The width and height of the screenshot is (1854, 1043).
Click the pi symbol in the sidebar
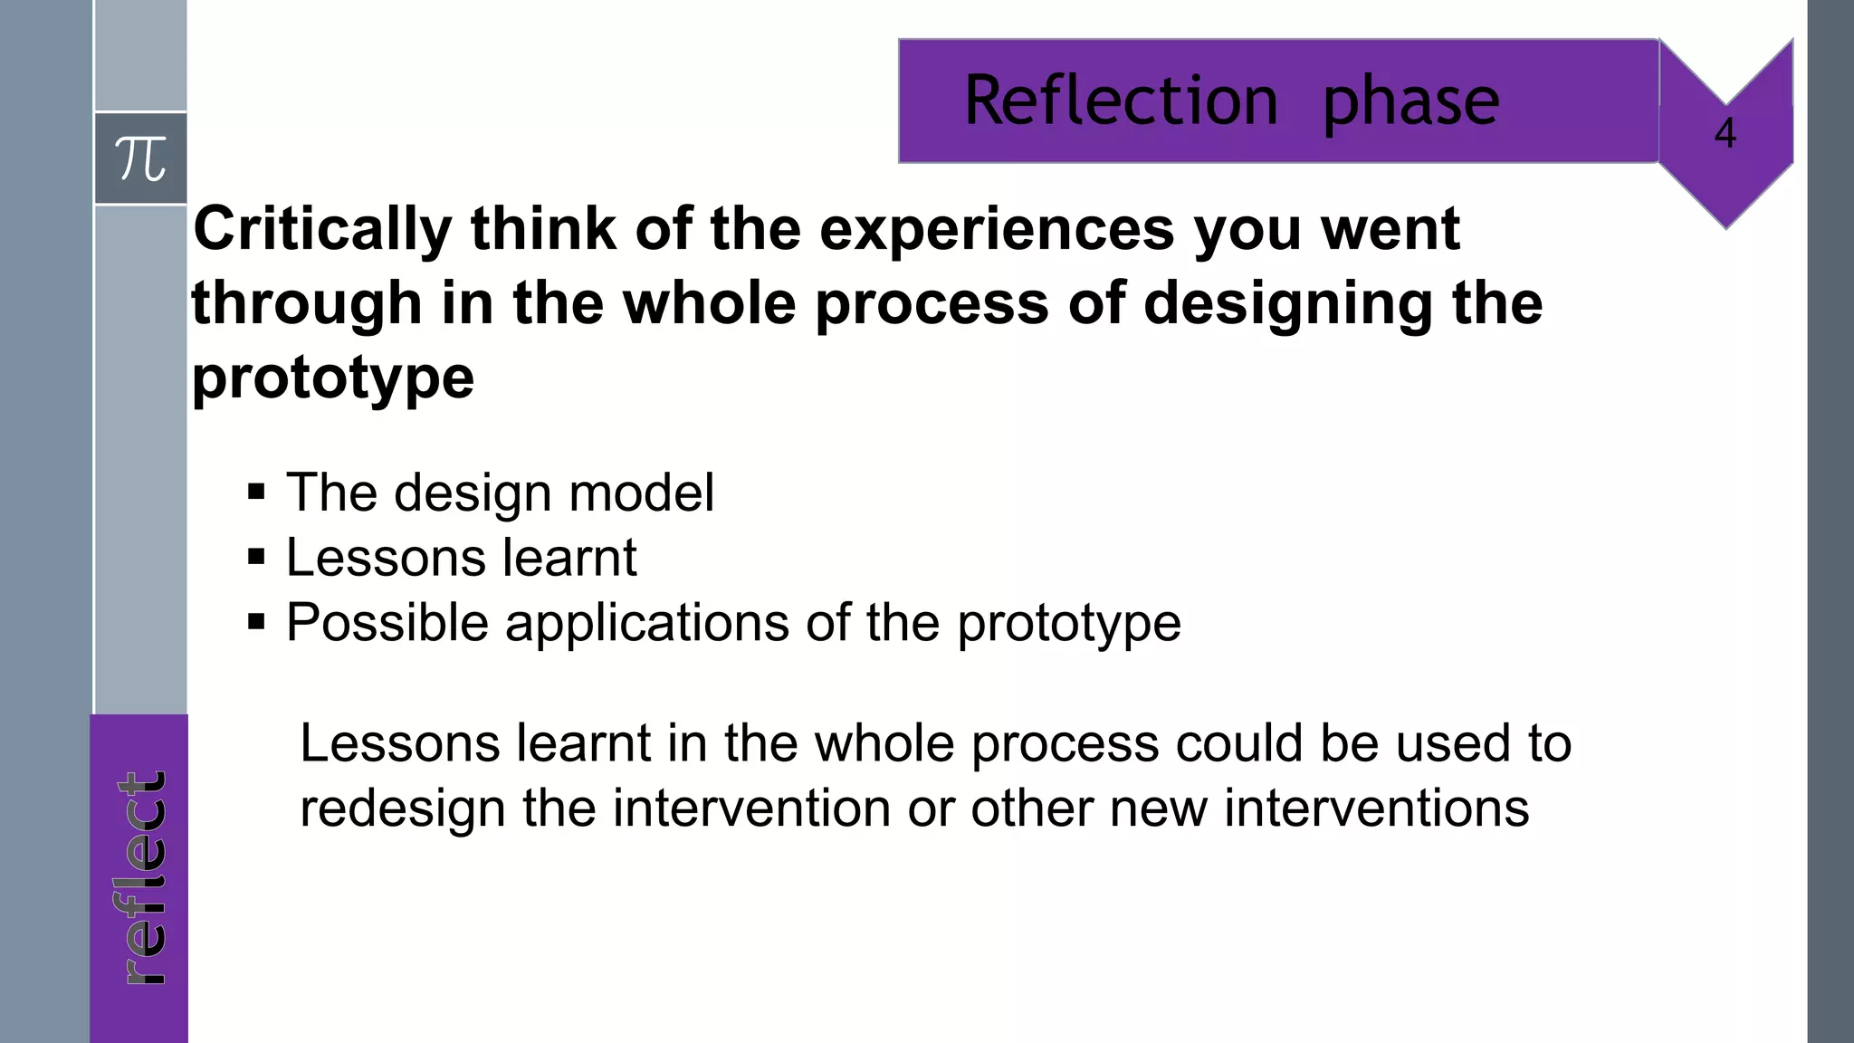pos(140,159)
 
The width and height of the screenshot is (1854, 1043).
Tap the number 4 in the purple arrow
pos(1725,134)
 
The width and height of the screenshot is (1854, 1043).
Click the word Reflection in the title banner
pos(1121,100)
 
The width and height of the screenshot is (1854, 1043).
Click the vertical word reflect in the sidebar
pos(142,877)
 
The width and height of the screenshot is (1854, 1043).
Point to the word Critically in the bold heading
pos(322,229)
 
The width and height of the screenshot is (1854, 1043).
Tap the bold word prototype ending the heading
pos(332,378)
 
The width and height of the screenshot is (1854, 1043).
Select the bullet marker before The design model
pos(256,493)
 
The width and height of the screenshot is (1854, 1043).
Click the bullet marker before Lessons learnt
pos(256,557)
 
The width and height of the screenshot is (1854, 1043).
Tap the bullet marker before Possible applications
pos(256,622)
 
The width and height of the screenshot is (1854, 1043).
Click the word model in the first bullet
pos(641,493)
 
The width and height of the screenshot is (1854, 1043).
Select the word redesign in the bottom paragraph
pos(402,809)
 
